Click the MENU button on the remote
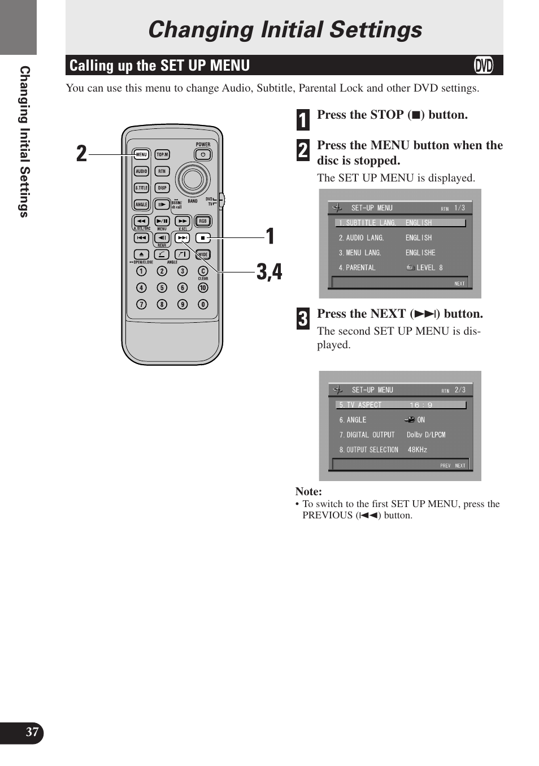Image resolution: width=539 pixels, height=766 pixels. click(x=141, y=154)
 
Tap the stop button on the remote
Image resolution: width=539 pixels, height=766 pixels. click(x=203, y=238)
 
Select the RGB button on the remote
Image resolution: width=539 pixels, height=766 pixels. click(x=202, y=221)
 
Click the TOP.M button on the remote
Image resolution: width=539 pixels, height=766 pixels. click(x=162, y=154)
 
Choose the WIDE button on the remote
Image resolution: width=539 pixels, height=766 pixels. click(x=203, y=254)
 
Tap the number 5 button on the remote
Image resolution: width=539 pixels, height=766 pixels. click(x=162, y=288)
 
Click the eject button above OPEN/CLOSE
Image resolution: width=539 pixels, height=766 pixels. click(x=141, y=254)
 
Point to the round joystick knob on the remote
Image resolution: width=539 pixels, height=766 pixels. click(x=193, y=179)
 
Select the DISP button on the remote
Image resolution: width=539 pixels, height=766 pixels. click(x=162, y=188)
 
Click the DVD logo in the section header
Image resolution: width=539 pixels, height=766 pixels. click(x=484, y=66)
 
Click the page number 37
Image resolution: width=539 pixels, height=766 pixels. click(x=32, y=732)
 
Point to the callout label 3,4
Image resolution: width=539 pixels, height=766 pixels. click(x=269, y=272)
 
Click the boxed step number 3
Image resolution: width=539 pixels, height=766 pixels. click(x=303, y=319)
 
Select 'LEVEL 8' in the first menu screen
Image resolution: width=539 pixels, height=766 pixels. click(x=429, y=268)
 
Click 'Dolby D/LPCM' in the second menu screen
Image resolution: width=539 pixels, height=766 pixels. click(x=426, y=435)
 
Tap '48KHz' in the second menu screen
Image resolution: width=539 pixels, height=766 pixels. click(x=418, y=450)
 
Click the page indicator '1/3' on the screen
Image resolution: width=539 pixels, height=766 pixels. click(x=460, y=208)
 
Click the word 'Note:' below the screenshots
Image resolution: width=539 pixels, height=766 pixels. click(x=308, y=492)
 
